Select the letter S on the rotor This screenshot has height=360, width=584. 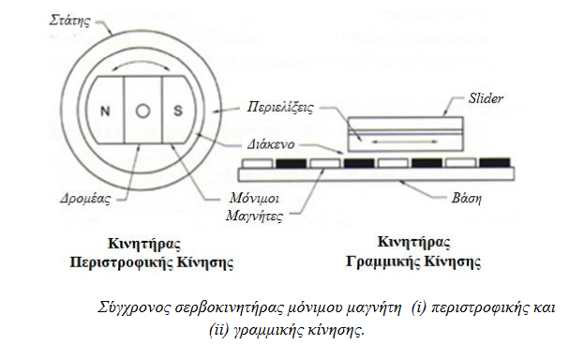[x=177, y=111]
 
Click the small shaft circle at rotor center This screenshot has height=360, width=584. [x=142, y=111]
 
